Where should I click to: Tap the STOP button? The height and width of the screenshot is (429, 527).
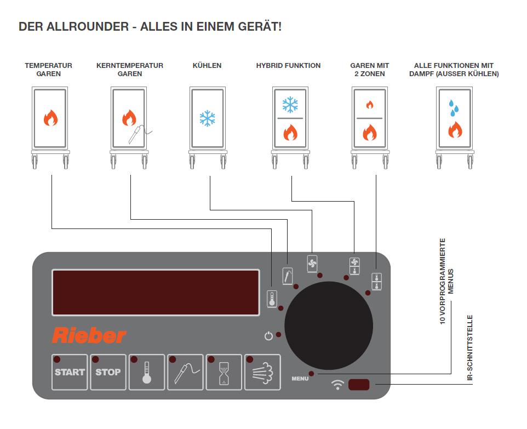(x=108, y=372)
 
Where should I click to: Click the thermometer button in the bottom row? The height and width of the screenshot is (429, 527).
(x=147, y=372)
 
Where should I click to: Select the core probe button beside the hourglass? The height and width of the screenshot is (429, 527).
(x=186, y=372)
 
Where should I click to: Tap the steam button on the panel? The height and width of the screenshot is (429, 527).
(x=262, y=372)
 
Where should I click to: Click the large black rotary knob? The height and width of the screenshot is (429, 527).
(x=329, y=325)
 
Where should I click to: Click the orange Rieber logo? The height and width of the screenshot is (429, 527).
(x=89, y=335)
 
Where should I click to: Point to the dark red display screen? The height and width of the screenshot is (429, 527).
(x=156, y=293)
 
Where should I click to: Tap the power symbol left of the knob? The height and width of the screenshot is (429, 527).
(x=268, y=335)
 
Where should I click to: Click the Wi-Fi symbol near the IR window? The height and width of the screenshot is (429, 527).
(x=337, y=385)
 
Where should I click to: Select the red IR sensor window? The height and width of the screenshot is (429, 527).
(x=359, y=385)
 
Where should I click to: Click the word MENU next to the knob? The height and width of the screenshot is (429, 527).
(x=300, y=379)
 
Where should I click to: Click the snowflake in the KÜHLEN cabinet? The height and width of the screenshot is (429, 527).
(x=208, y=118)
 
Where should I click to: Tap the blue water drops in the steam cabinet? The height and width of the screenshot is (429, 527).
(x=454, y=108)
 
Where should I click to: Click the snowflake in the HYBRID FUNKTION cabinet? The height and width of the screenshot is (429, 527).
(x=290, y=105)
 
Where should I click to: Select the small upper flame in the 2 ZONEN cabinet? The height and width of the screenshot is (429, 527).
(x=370, y=105)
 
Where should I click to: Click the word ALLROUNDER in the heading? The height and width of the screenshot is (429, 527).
(x=88, y=26)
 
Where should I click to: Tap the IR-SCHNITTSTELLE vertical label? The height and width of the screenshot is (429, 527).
(x=470, y=347)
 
